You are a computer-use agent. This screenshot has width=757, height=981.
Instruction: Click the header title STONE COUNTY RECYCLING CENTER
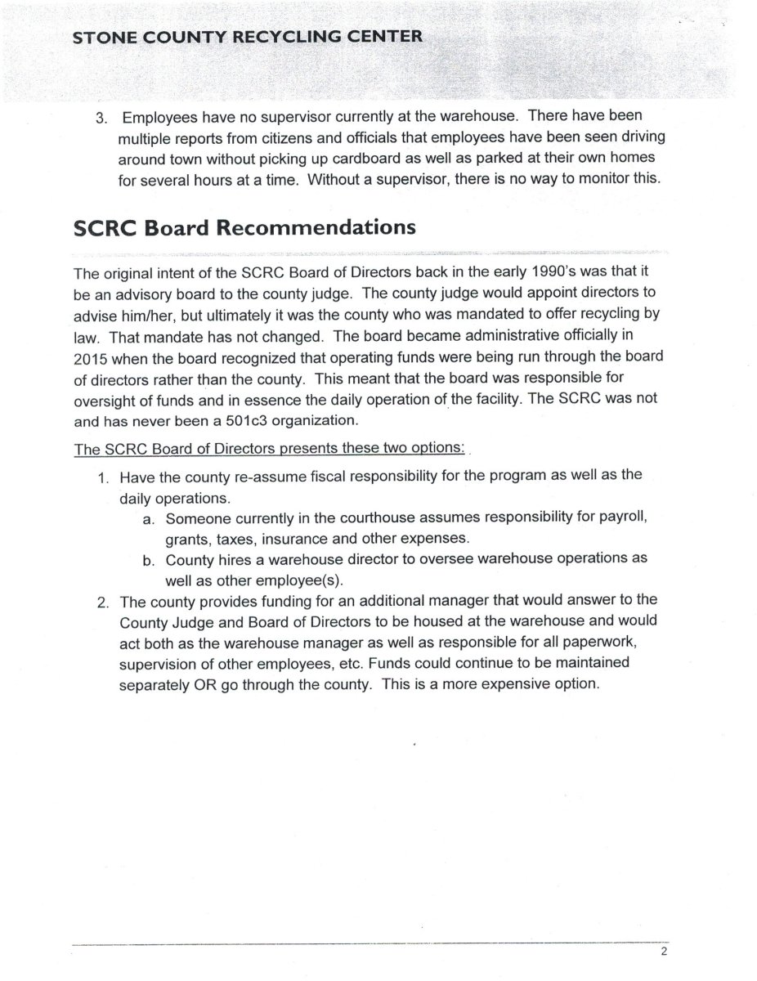(x=248, y=37)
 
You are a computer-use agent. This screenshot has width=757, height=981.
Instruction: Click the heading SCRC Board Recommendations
(x=244, y=227)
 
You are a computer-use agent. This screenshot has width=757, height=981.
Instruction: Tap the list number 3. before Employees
(x=101, y=116)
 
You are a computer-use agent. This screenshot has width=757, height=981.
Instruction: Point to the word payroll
(x=625, y=518)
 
